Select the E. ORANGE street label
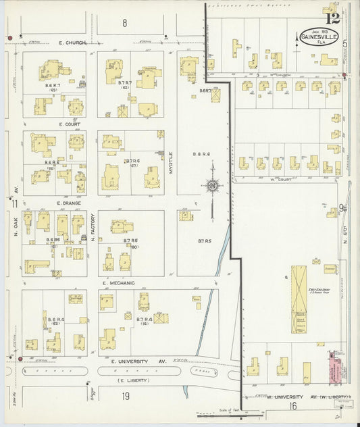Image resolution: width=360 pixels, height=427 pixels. [x=69, y=203]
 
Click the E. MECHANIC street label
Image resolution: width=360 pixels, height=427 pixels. [x=120, y=283]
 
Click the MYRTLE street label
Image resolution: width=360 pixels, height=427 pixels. [x=171, y=163]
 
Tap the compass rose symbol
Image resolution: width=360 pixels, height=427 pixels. [x=212, y=185]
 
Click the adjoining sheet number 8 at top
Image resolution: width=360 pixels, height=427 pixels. [x=124, y=23]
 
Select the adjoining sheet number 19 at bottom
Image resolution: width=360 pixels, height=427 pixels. [x=125, y=397]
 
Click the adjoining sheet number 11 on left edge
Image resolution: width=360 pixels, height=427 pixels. [x=14, y=203]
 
